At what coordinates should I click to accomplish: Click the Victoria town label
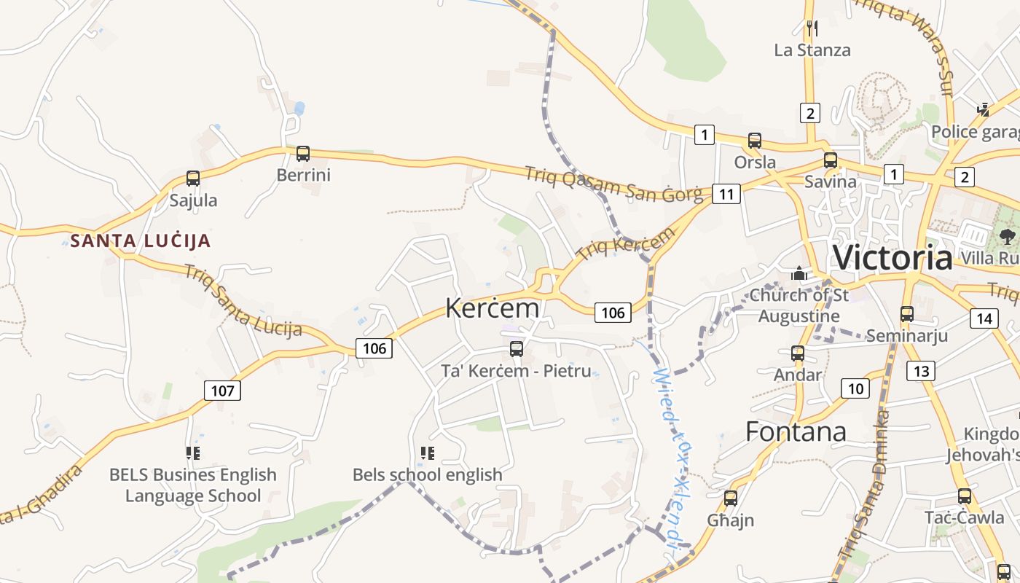coord(892,258)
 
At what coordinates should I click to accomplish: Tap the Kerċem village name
coord(493,308)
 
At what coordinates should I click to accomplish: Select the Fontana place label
coord(796,431)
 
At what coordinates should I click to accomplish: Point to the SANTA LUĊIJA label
coord(141,240)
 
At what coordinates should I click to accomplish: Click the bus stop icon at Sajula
coord(193,179)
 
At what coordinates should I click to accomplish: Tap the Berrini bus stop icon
coord(303,154)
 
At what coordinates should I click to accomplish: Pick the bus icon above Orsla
coord(755,141)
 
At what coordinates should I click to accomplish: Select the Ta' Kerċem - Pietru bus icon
coord(517,348)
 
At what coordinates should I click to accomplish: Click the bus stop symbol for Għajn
coord(731,498)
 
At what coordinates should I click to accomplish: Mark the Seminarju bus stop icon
coord(907,314)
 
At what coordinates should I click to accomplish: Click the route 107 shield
coord(222,391)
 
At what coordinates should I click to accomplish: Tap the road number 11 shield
coord(726,194)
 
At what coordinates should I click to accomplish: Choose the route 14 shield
coord(984,318)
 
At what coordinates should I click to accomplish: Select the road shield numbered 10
coord(855,388)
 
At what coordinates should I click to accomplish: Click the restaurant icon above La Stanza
coord(812,28)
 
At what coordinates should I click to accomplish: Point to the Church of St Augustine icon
coord(799,274)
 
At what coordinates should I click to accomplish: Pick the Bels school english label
coord(428,474)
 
